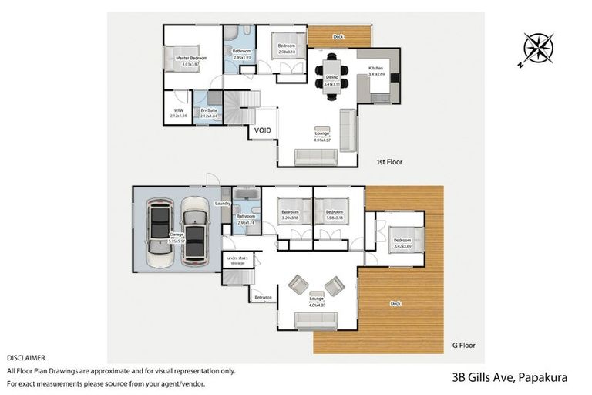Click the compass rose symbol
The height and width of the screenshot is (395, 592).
coord(537,49)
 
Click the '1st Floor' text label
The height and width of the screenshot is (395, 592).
coord(389,162)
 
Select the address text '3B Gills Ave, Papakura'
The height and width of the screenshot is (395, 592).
coord(510,377)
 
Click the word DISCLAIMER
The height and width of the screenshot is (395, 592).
coord(26,358)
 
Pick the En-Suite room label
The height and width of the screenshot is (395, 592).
coord(208,110)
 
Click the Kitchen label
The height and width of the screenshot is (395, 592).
coord(375,69)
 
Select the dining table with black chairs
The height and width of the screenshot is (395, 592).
coord(331,76)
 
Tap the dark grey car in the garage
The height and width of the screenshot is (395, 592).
coord(196,231)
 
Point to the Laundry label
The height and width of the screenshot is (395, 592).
coord(223,203)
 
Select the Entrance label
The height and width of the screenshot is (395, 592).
coord(264,296)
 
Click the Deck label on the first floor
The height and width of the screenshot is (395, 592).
coord(338,36)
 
